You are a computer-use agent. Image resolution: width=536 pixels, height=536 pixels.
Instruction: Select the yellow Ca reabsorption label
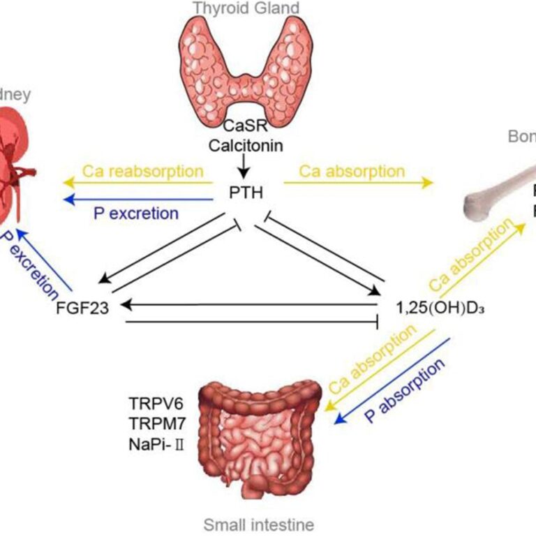pos(142,172)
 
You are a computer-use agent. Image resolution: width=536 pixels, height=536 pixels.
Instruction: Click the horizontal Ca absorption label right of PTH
pos(352,172)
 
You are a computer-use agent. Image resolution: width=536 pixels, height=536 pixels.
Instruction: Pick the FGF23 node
pos(83,307)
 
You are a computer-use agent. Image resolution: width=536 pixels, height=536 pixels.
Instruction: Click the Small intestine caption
pos(259,524)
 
